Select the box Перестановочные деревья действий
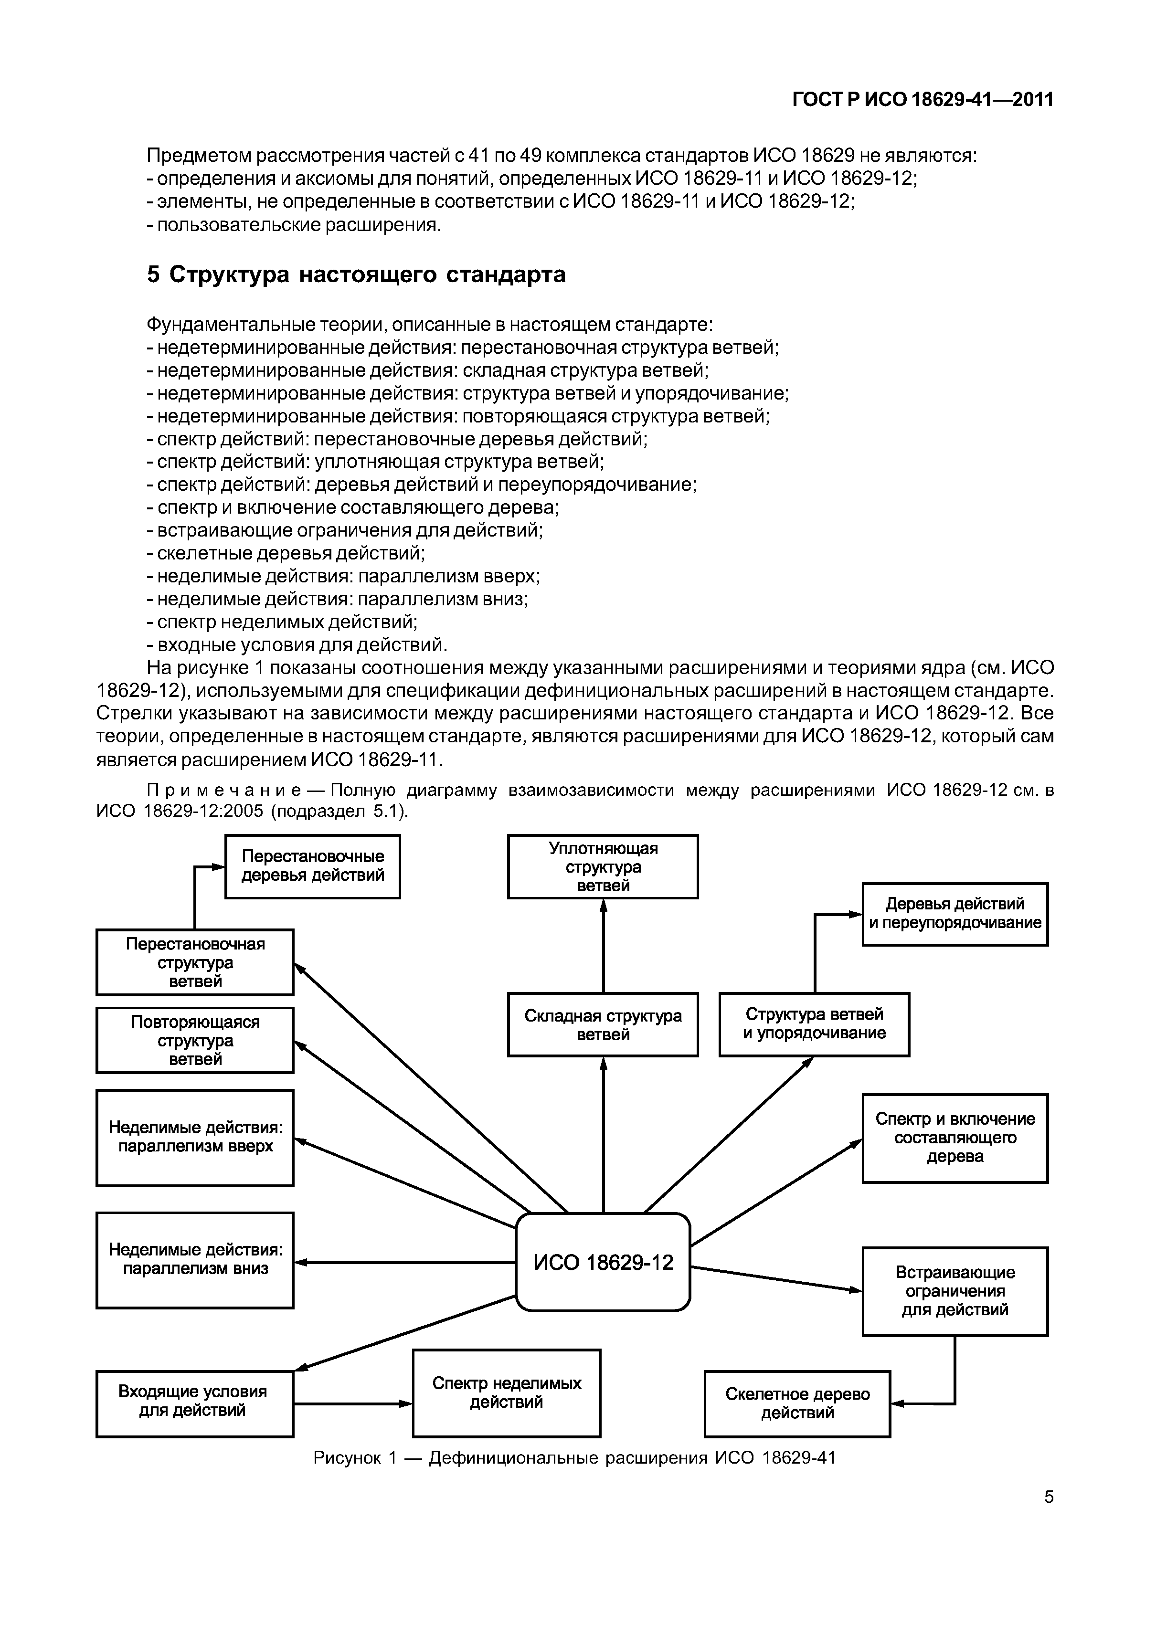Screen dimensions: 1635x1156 (313, 866)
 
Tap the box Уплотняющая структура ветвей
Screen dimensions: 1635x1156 (603, 866)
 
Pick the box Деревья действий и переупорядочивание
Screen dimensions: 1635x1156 (954, 914)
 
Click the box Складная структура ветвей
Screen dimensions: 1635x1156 (603, 1025)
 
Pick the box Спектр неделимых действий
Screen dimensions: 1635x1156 (507, 1393)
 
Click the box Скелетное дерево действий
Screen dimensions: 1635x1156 (797, 1403)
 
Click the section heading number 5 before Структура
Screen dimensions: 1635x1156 (153, 275)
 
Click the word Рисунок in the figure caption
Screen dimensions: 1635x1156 (345, 1458)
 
